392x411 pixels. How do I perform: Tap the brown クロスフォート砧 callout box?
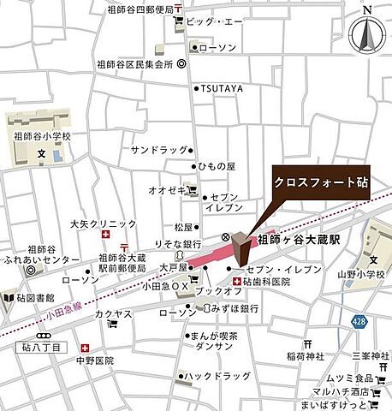(x=321, y=182)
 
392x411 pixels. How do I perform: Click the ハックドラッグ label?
(x=220, y=377)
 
